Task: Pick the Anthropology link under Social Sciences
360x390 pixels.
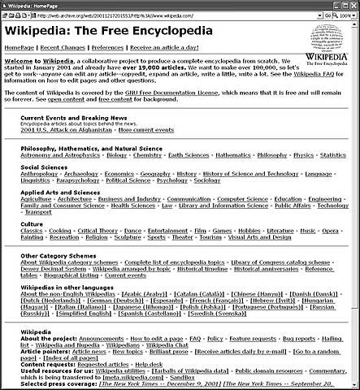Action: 39,173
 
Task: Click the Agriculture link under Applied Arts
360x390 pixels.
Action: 36,198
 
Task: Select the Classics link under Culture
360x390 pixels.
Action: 33,231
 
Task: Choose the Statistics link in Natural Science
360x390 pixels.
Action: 332,154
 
